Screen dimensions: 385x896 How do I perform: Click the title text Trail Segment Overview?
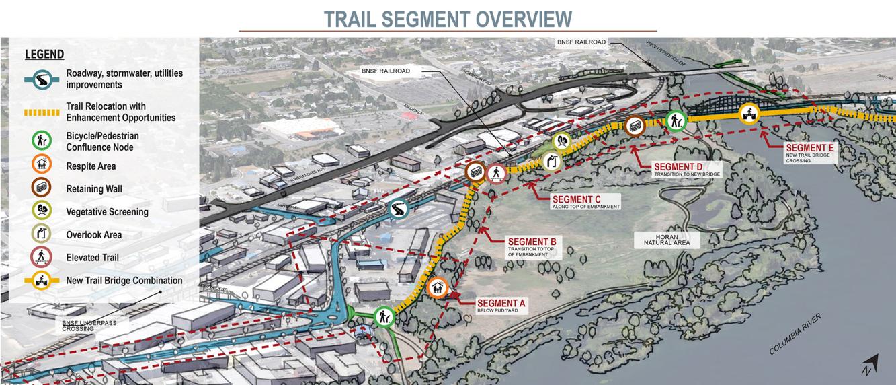coord(448,19)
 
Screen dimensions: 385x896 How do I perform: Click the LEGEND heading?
coord(44,55)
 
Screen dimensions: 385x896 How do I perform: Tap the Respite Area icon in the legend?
coord(42,166)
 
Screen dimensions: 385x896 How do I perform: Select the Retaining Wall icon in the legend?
coord(42,188)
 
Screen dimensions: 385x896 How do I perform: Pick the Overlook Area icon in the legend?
coord(42,234)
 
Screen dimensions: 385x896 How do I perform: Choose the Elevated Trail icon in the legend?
coord(42,257)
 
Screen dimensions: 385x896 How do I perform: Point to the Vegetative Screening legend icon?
coord(42,211)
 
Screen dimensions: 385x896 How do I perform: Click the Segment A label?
coord(501,304)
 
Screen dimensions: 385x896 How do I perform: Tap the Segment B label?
coord(532,242)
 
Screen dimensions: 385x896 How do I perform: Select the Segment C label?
coord(576,199)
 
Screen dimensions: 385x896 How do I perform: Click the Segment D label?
coord(679,167)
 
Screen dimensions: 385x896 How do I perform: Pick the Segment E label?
coord(809,148)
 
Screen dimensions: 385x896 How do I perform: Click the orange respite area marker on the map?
coord(438,288)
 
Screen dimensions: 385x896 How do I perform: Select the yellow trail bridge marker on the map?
coord(749,114)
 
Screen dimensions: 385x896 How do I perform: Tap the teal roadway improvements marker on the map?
coord(399,209)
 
